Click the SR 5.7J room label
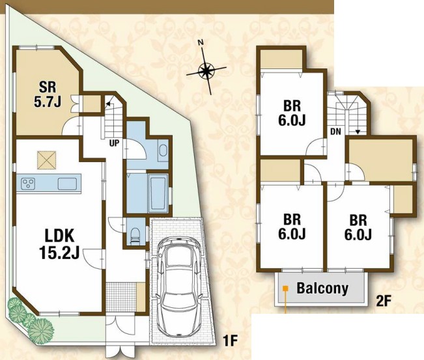(48, 94)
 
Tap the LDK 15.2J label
(59, 243)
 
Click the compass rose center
(206, 71)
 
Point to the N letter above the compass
(201, 42)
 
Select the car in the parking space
(178, 286)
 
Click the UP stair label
(114, 143)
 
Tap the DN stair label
(335, 132)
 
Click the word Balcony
(322, 288)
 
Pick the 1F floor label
(230, 341)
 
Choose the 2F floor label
(384, 301)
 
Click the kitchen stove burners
(28, 184)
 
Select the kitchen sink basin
(67, 184)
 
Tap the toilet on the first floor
(134, 236)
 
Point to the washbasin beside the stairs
(163, 151)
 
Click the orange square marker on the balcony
(285, 288)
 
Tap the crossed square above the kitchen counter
(46, 160)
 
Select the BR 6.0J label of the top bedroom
(292, 113)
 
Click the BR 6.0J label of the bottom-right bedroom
(358, 227)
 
